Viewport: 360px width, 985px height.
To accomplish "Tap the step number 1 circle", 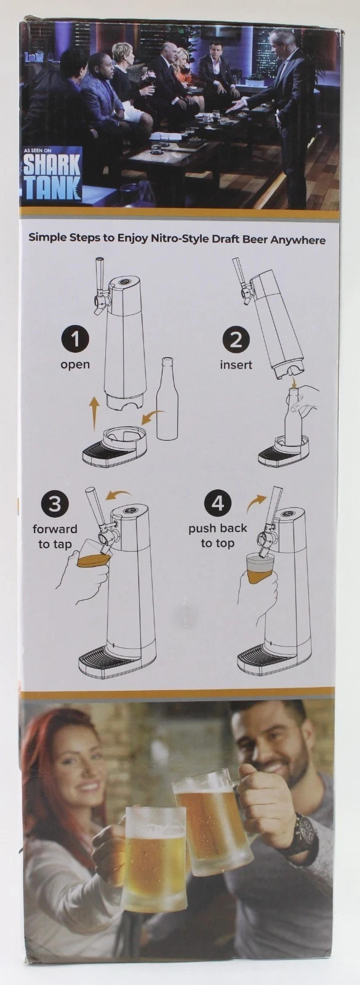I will pos(75,339).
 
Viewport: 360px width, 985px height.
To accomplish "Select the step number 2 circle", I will pos(236,339).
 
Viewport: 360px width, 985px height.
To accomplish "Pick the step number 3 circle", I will pos(55,504).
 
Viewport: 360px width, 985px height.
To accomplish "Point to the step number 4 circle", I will pos(217,504).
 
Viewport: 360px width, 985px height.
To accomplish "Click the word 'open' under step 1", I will pos(75,364).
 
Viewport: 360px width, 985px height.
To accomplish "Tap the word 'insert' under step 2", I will pos(236,365).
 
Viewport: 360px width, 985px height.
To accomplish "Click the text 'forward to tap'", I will pos(55,537).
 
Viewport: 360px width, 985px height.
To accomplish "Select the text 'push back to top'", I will pos(217,536).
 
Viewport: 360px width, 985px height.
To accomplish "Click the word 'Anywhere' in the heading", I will pos(295,239).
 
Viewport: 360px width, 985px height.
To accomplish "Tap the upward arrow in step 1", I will pos(94,413).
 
